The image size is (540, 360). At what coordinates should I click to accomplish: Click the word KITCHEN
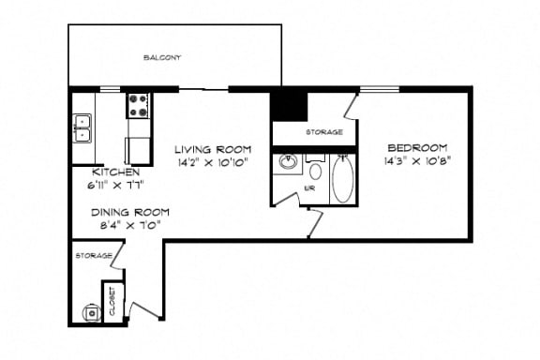click(116, 172)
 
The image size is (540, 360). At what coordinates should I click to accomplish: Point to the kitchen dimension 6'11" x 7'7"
click(116, 184)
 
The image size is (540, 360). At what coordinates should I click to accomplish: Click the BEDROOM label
click(417, 148)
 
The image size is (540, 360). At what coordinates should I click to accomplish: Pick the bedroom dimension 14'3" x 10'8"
click(417, 160)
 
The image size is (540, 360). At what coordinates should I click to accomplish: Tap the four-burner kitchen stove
click(140, 105)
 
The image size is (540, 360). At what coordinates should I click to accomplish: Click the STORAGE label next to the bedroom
click(323, 133)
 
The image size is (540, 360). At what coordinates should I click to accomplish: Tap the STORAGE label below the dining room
click(94, 255)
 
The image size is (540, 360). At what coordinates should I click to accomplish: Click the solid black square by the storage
click(289, 104)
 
